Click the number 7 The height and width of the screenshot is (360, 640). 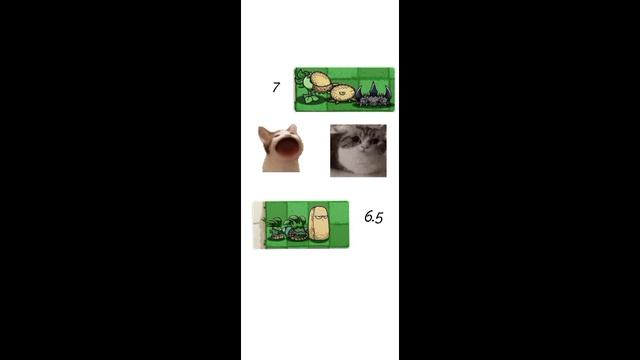coord(276,87)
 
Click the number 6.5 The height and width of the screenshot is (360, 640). coord(373,217)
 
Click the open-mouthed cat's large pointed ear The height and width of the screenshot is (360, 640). coord(264,135)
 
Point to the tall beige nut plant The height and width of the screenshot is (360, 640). coord(319,224)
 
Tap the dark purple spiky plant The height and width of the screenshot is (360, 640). coord(373,96)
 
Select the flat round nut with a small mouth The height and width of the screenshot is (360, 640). coord(343,93)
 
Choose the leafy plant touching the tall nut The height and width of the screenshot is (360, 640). coord(298,228)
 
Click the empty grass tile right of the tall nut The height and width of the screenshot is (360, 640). coord(340,224)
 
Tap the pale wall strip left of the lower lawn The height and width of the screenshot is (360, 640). coord(258,224)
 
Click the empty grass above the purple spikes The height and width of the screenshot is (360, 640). coord(373,75)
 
